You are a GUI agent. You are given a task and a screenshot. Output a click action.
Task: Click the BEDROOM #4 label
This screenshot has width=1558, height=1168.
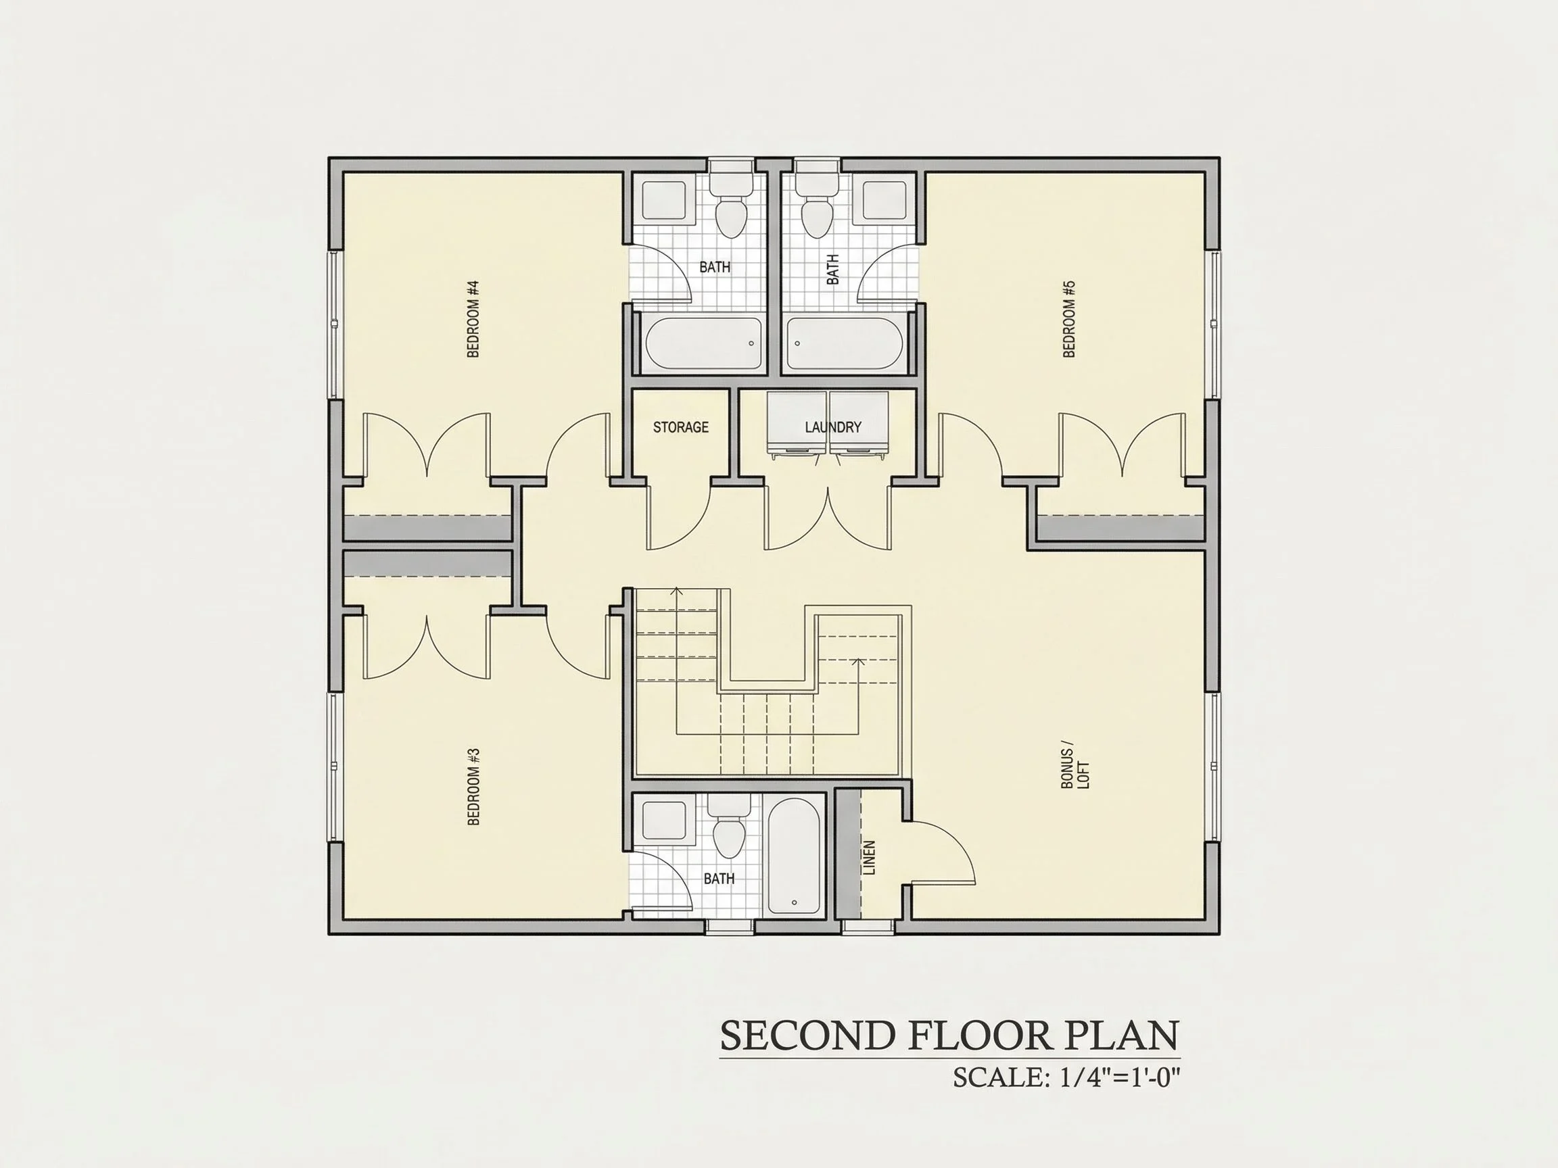[473, 319]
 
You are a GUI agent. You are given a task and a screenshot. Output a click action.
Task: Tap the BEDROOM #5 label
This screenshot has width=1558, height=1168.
[1069, 319]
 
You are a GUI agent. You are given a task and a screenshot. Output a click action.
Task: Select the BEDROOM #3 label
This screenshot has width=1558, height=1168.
[473, 786]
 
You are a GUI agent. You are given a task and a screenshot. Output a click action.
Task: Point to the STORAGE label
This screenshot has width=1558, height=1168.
[680, 427]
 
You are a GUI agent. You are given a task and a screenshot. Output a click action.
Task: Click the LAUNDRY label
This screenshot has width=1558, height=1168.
[833, 427]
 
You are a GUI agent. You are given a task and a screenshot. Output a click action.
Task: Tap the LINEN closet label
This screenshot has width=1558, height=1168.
[869, 858]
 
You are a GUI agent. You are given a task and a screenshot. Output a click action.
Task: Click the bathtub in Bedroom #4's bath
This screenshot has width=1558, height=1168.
[705, 343]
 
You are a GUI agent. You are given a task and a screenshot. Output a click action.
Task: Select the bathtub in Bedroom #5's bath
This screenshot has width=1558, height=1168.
[845, 343]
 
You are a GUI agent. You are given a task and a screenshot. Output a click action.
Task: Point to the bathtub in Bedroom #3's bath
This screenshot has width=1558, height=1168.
[794, 857]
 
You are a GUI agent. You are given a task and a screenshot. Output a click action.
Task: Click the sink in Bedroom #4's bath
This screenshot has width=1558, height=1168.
[664, 200]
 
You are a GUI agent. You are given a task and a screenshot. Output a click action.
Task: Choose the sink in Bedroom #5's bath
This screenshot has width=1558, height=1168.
[884, 200]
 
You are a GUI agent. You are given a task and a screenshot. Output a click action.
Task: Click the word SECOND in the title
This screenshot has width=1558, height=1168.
[807, 1035]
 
